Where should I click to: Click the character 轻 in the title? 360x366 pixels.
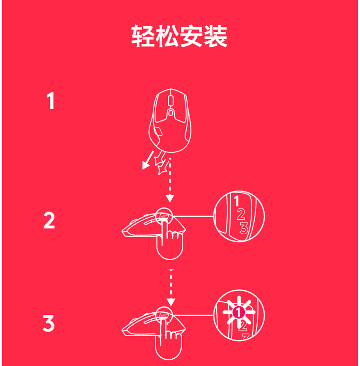(x=143, y=36)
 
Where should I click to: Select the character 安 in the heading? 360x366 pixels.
(x=191, y=36)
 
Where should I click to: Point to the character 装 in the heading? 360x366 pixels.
(x=216, y=36)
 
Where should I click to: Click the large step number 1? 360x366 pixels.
(x=51, y=101)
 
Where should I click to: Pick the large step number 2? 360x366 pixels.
(x=49, y=220)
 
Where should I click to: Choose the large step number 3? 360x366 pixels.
(x=48, y=323)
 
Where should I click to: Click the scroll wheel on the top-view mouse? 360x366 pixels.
(x=170, y=100)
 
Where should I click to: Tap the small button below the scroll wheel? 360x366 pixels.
(x=171, y=113)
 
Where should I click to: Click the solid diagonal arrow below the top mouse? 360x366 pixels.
(x=148, y=160)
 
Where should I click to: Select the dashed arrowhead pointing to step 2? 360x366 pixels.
(x=170, y=199)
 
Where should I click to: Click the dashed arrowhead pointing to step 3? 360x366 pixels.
(x=171, y=302)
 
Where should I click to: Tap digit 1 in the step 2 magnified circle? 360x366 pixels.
(x=237, y=201)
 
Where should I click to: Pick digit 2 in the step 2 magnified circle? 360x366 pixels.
(x=241, y=214)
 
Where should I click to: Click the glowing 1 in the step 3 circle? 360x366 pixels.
(x=239, y=312)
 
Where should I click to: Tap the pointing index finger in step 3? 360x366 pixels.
(x=164, y=331)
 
